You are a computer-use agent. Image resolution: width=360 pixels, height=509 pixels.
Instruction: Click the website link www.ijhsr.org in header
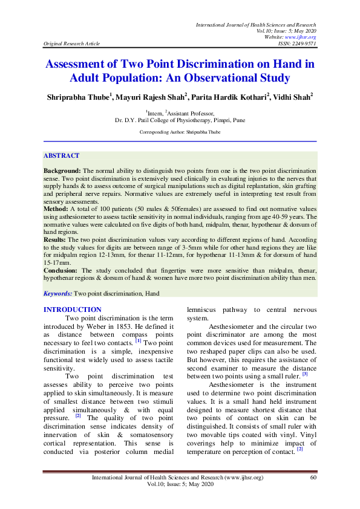pos(304,37)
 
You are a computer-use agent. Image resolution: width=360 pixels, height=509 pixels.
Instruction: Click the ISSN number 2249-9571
pos(303,44)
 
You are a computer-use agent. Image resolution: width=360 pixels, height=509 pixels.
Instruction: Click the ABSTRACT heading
pos(61,155)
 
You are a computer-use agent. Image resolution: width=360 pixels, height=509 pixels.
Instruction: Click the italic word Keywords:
pos(57,293)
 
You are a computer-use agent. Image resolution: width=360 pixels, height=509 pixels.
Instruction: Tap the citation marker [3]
pos(305,374)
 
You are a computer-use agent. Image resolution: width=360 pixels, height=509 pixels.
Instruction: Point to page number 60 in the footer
pos(313,478)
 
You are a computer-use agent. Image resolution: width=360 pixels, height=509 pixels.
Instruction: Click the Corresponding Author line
pos(180,131)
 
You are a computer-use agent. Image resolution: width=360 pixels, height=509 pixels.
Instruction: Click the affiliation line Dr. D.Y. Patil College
pos(180,120)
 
